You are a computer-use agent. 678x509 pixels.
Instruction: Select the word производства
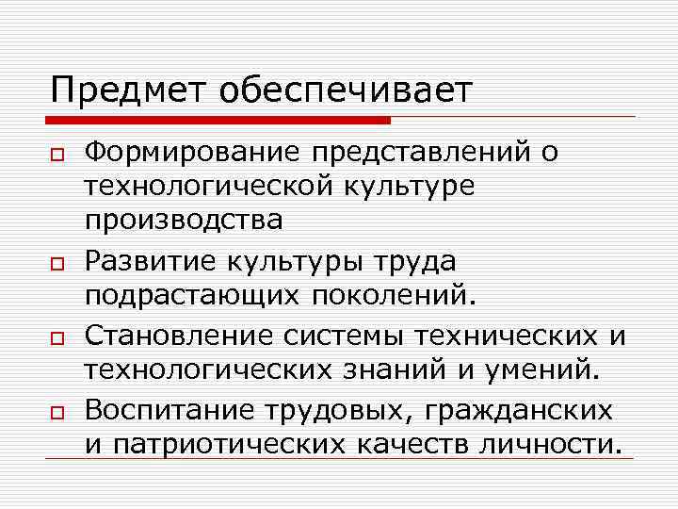pyautogui.click(x=184, y=222)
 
